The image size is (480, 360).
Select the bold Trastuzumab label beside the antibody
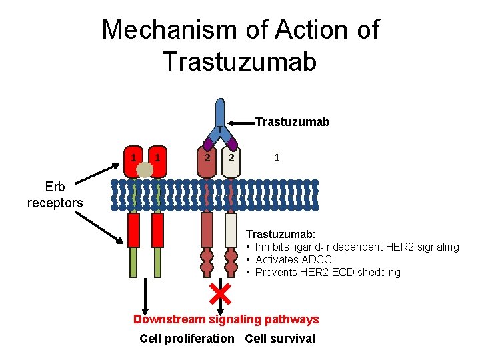pos(293,122)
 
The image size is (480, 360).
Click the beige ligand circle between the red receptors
pos(146,169)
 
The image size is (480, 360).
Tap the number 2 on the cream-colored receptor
pos(231,158)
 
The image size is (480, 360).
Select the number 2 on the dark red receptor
pos(208,158)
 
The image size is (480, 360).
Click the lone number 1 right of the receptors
pos(277,158)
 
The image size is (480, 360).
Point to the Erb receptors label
pos(55,195)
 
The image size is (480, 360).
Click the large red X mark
pos(219,291)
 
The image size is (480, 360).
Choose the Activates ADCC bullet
pos(293,259)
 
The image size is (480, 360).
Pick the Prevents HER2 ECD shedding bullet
pos(327,272)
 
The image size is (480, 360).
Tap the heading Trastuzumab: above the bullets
pos(281,235)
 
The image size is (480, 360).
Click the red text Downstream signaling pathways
pos(226,319)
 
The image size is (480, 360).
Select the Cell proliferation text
pos(187,339)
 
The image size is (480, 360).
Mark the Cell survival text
pos(280,339)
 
